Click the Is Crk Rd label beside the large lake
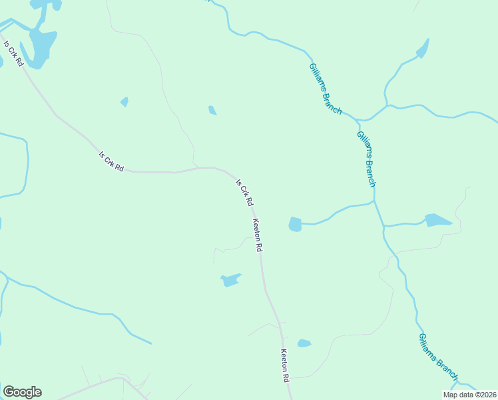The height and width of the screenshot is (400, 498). pyautogui.click(x=14, y=54)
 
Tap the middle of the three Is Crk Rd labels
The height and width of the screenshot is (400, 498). pyautogui.click(x=111, y=162)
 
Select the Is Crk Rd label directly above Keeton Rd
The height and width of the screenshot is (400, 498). pyautogui.click(x=244, y=191)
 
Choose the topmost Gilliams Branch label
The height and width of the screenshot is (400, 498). pyautogui.click(x=326, y=89)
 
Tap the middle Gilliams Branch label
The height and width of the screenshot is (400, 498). pyautogui.click(x=367, y=158)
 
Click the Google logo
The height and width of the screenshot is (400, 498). pyautogui.click(x=22, y=392)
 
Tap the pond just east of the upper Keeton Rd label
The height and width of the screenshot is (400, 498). pyautogui.click(x=295, y=225)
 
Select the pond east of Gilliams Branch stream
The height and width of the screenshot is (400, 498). pyautogui.click(x=437, y=220)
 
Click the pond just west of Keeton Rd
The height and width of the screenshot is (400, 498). pyautogui.click(x=231, y=279)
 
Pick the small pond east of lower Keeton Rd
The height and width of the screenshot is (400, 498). pyautogui.click(x=304, y=343)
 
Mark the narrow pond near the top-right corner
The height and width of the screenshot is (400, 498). pyautogui.click(x=422, y=49)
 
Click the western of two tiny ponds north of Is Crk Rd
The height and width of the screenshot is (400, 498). pyautogui.click(x=124, y=102)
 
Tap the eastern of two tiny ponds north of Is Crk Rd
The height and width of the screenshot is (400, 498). pyautogui.click(x=212, y=110)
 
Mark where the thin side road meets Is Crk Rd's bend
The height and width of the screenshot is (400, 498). pyautogui.click(x=194, y=167)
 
